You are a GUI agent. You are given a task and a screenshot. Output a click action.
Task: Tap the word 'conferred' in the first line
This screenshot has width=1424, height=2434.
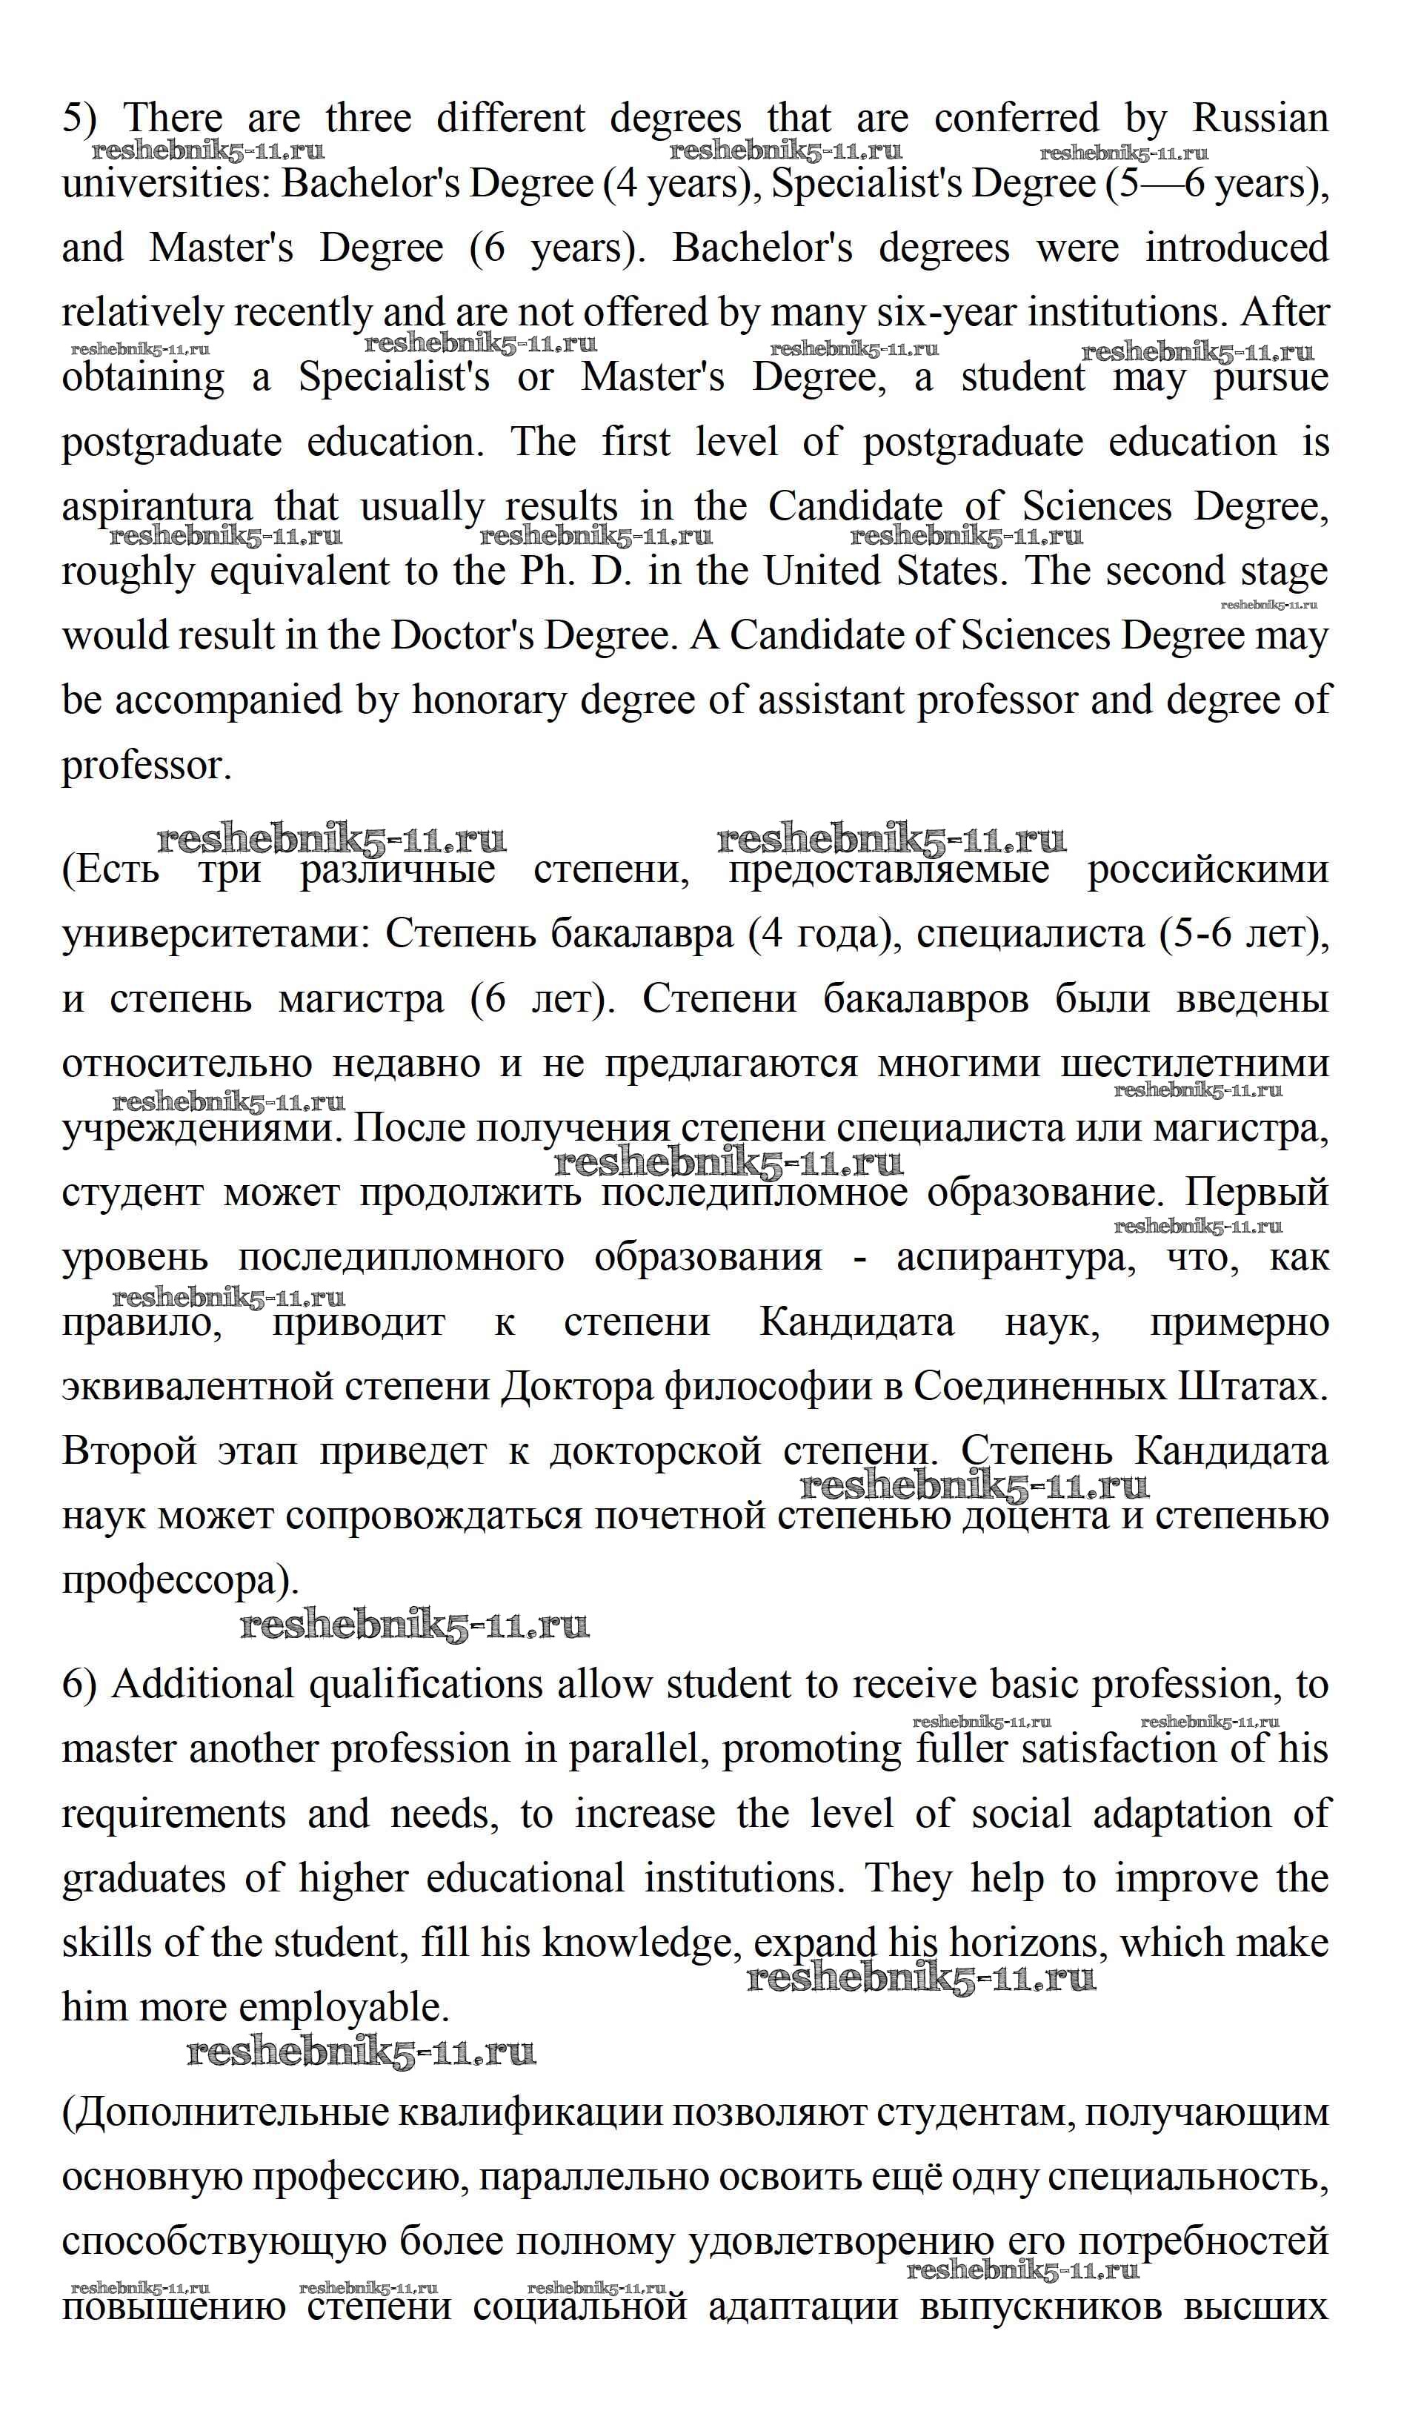click(1016, 119)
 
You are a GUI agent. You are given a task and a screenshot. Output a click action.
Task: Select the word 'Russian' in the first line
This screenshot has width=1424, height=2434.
click(1260, 119)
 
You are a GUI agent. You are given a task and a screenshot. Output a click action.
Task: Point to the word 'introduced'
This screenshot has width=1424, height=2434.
click(1236, 248)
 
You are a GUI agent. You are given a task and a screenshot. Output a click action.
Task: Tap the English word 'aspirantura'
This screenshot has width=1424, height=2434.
click(157, 507)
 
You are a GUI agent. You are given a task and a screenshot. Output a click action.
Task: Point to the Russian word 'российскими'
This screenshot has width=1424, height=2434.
click(1207, 870)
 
